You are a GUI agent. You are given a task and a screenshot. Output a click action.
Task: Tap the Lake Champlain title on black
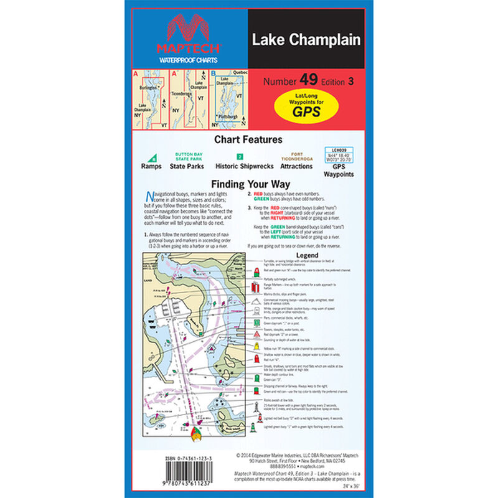(306, 40)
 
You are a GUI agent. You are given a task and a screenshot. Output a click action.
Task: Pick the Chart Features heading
(248, 140)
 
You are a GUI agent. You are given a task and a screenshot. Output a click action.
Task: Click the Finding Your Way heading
(248, 184)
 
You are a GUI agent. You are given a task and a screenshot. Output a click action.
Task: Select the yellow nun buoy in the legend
(256, 345)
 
